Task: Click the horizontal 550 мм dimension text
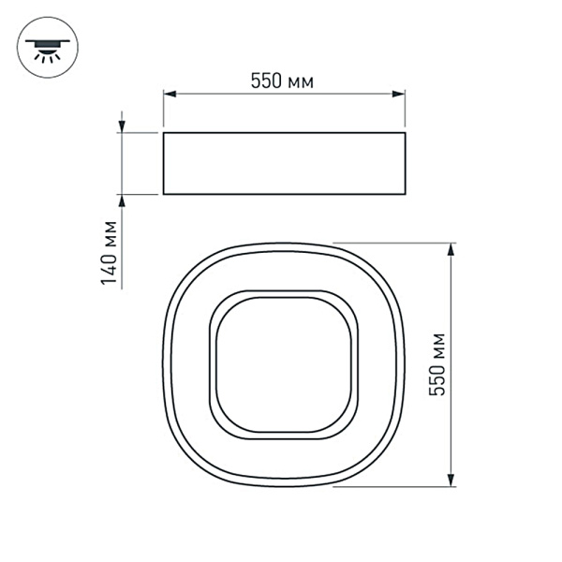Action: pos(282,81)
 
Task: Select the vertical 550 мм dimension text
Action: pos(436,365)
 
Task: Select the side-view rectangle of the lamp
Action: pos(284,164)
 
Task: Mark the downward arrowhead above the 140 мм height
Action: pos(122,126)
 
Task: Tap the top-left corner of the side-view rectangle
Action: pos(163,133)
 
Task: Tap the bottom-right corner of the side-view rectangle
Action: pos(406,195)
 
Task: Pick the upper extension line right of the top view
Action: pos(393,243)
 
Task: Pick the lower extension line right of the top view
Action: pos(393,487)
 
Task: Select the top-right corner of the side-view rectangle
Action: pos(406,133)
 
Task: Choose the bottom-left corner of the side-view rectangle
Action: pos(163,195)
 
